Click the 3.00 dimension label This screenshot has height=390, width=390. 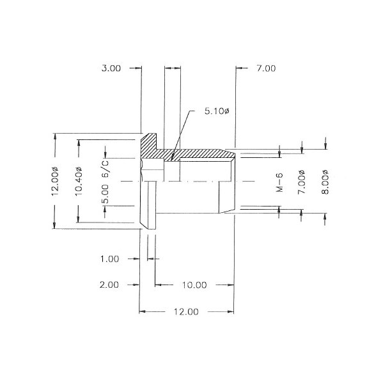[x=111, y=68]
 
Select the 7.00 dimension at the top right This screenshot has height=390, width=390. [x=266, y=68]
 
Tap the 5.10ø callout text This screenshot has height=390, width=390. [x=217, y=111]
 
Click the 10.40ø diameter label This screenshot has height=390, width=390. [x=79, y=183]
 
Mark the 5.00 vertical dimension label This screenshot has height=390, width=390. [x=105, y=194]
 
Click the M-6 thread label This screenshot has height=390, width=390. [x=279, y=184]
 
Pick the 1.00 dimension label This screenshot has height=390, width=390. [x=109, y=259]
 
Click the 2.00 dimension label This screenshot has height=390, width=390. [x=109, y=285]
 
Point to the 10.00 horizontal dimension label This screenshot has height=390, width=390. [x=192, y=285]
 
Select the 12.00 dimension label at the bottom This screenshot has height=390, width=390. [x=186, y=311]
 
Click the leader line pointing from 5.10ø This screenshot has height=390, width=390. [x=183, y=130]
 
